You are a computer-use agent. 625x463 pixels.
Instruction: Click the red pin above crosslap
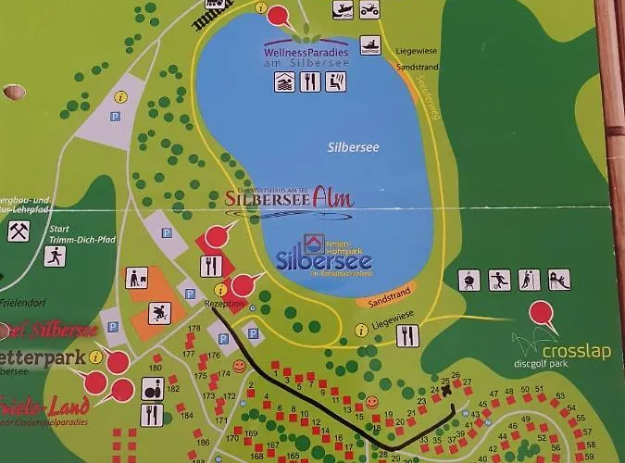(543, 316)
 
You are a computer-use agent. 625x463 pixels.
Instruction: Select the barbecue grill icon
(469, 279)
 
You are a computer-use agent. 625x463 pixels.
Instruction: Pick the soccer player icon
(499, 279)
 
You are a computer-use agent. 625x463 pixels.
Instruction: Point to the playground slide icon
(558, 279)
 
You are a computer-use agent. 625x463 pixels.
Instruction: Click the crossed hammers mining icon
(19, 231)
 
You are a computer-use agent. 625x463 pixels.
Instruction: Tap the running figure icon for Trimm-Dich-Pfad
(55, 256)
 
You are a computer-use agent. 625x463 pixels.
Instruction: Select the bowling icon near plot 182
(152, 389)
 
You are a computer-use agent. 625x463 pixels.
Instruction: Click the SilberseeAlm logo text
(290, 197)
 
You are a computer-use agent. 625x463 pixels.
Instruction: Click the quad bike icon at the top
(369, 10)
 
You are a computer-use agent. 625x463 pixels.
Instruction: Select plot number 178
(194, 329)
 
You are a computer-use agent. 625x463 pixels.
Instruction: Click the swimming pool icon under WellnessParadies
(284, 81)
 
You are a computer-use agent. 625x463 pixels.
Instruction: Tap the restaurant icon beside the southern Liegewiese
(407, 335)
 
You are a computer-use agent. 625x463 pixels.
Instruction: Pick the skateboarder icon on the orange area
(159, 313)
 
